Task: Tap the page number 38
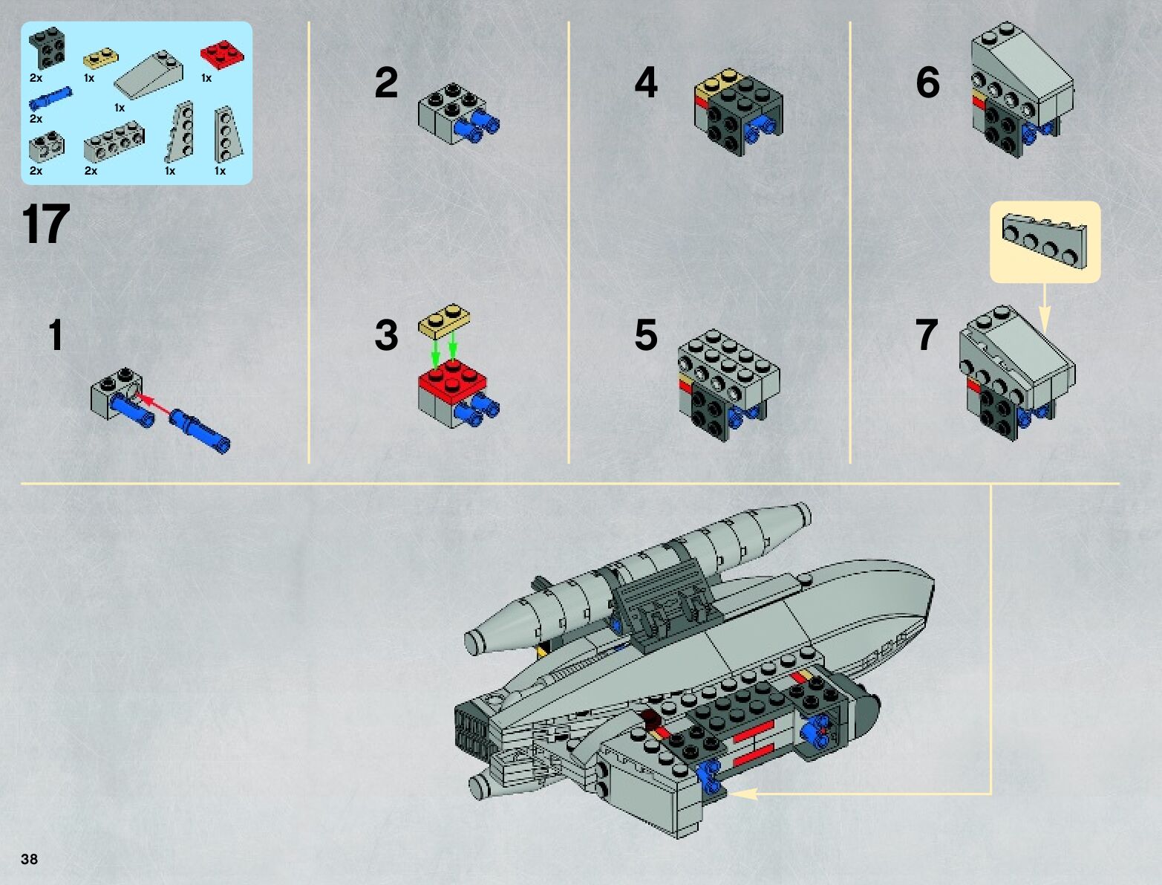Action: pyautogui.click(x=30, y=860)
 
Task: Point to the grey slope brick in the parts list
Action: pyautogui.click(x=149, y=78)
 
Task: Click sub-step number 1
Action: pyautogui.click(x=56, y=335)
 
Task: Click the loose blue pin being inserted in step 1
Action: pyautogui.click(x=200, y=431)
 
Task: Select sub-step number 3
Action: pyautogui.click(x=386, y=335)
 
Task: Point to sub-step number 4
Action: pyautogui.click(x=645, y=82)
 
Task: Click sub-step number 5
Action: pyautogui.click(x=645, y=335)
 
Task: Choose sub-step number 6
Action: pyautogui.click(x=927, y=82)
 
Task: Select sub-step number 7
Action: pyautogui.click(x=927, y=335)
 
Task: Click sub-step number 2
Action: pyautogui.click(x=386, y=82)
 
